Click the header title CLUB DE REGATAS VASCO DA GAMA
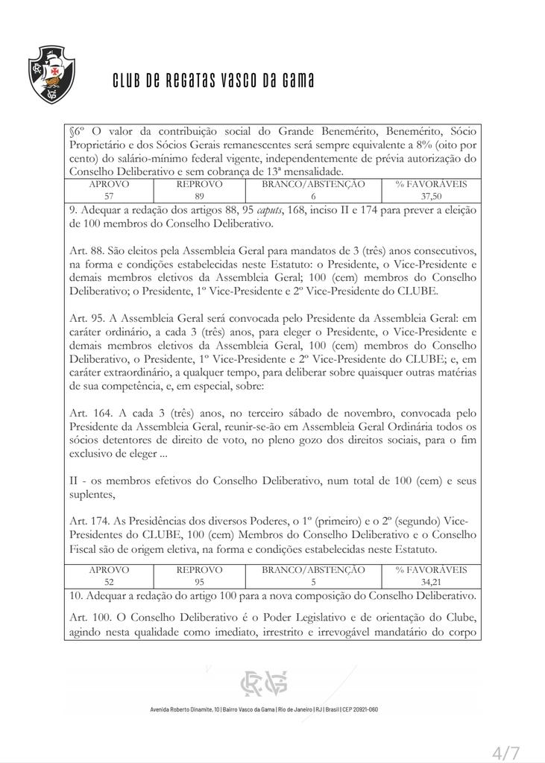click(213, 80)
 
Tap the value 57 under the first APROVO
click(109, 195)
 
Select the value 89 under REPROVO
click(199, 195)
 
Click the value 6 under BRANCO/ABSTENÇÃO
click(314, 195)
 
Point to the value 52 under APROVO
click(109, 581)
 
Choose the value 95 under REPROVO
click(199, 581)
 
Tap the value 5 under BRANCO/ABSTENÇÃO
click(314, 581)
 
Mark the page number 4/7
click(507, 753)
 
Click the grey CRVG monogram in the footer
click(263, 683)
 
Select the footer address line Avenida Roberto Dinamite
click(264, 709)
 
